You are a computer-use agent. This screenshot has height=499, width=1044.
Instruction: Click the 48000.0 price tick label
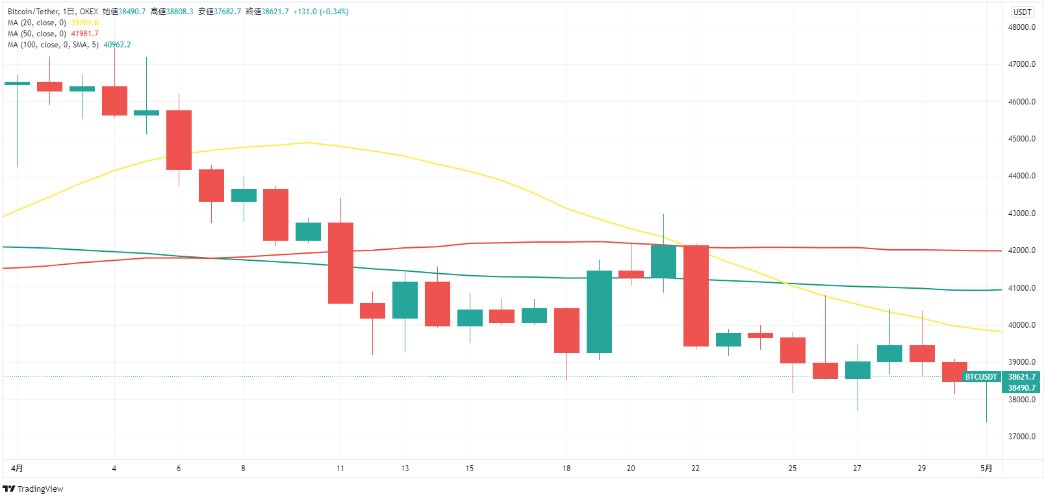[1021, 27]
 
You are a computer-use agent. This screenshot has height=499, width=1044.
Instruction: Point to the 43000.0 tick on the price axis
[1021, 213]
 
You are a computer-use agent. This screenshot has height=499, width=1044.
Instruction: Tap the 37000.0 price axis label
[1021, 437]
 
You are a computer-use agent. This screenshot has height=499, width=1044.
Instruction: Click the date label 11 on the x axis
[340, 469]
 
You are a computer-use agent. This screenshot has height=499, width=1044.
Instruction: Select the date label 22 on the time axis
[695, 469]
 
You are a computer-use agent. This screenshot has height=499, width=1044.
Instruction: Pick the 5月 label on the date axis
[986, 469]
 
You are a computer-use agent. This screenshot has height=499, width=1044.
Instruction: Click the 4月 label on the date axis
[18, 469]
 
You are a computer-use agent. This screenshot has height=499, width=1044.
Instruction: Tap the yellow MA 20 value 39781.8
[84, 23]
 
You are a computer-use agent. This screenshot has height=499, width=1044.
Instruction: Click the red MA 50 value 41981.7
[84, 34]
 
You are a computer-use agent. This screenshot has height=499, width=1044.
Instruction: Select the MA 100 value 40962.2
[117, 45]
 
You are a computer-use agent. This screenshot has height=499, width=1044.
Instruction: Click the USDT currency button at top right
[1022, 12]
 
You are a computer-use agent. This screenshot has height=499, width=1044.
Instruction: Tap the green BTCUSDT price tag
[980, 377]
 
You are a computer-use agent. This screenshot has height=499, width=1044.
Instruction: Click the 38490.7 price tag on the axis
[1021, 388]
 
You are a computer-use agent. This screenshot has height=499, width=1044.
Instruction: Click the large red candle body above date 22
[696, 296]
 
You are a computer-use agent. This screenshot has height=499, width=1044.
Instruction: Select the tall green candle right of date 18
[599, 311]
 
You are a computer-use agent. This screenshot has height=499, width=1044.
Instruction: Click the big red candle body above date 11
[340, 263]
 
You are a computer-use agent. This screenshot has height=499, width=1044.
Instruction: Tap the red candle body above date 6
[179, 140]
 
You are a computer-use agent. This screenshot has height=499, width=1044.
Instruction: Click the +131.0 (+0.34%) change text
[321, 12]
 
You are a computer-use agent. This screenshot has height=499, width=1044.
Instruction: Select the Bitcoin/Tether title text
[33, 12]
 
